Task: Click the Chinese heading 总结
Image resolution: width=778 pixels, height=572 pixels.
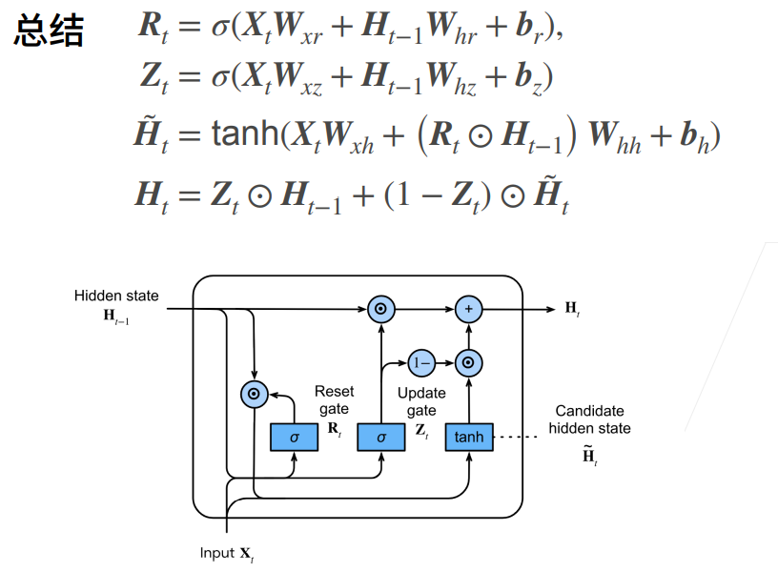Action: coord(49,31)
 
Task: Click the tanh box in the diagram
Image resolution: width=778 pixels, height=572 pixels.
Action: coord(469,437)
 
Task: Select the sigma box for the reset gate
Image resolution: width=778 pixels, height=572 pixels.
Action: coord(295,437)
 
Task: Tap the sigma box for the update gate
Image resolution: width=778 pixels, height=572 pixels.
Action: coord(381,437)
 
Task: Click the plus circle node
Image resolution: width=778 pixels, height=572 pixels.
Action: coord(469,309)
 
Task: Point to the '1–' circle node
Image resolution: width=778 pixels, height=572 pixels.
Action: coord(421,363)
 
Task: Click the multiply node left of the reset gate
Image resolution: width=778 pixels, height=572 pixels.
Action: coord(254,395)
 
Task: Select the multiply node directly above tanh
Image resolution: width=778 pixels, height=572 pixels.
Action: coord(469,363)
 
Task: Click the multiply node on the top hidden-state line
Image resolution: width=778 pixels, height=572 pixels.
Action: coord(381,309)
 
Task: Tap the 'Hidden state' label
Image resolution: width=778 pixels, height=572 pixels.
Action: coord(116,296)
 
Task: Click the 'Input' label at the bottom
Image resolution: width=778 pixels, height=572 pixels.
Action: coord(216,553)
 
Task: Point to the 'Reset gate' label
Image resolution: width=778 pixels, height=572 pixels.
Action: coord(335,399)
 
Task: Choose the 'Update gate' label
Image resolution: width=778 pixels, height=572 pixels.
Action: coord(421,401)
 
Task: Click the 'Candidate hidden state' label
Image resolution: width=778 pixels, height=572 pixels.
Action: coord(590,419)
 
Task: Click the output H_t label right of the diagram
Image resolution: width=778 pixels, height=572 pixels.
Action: coord(573,309)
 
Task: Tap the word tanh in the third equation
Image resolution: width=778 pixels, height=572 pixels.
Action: coord(246,133)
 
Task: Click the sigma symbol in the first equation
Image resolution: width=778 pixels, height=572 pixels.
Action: coord(220,27)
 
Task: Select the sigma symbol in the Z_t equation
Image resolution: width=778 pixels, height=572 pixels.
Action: coord(220,78)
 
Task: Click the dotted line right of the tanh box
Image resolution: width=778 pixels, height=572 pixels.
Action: coord(517,437)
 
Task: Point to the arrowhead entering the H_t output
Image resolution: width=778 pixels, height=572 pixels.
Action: coord(550,309)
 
